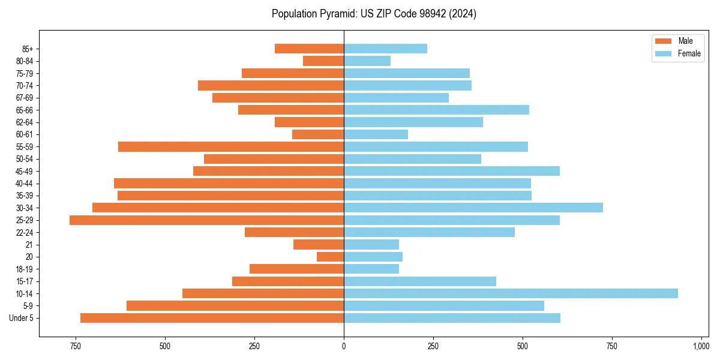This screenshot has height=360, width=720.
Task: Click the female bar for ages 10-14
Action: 511,293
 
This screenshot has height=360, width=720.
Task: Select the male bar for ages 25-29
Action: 206,220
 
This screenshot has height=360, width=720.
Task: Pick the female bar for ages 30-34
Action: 473,208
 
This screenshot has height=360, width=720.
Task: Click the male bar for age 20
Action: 331,257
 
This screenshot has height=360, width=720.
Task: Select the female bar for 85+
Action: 385,49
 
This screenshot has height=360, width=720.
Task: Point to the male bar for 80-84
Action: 323,61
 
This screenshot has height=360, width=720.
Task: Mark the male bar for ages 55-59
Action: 231,146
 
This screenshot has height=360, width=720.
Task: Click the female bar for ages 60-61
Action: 376,134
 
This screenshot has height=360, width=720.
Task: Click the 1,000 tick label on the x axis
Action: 701,346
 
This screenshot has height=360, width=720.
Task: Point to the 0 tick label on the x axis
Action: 344,346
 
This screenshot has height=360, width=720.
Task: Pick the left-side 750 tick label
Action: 75,346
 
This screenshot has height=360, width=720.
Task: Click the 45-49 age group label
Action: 24,171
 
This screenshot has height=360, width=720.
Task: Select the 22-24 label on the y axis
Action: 24,232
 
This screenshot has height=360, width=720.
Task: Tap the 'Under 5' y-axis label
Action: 22,318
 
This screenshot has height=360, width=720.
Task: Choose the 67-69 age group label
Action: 24,98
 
